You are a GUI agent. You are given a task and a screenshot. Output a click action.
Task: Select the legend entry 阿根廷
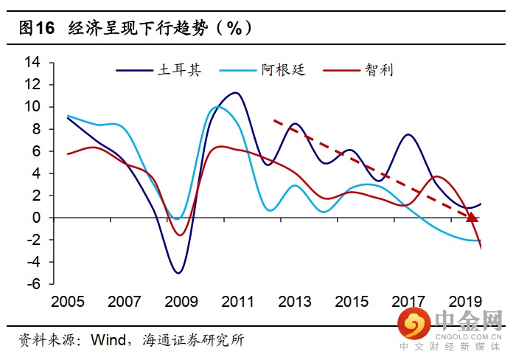pos(282,70)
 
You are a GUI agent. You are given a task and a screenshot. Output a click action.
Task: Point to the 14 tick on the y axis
pos(32,62)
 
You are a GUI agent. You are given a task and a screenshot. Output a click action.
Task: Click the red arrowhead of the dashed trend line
pos(472,217)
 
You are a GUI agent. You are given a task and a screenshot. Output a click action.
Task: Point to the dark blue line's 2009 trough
pos(178,273)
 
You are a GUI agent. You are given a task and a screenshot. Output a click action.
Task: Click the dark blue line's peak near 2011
pos(235,93)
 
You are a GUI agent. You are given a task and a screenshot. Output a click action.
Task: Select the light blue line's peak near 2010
pos(217,107)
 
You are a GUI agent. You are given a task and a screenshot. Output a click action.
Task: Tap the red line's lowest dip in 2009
pos(178,235)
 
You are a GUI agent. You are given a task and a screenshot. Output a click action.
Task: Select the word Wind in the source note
pos(108,340)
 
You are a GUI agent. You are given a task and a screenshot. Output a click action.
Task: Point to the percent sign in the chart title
pos(234,28)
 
